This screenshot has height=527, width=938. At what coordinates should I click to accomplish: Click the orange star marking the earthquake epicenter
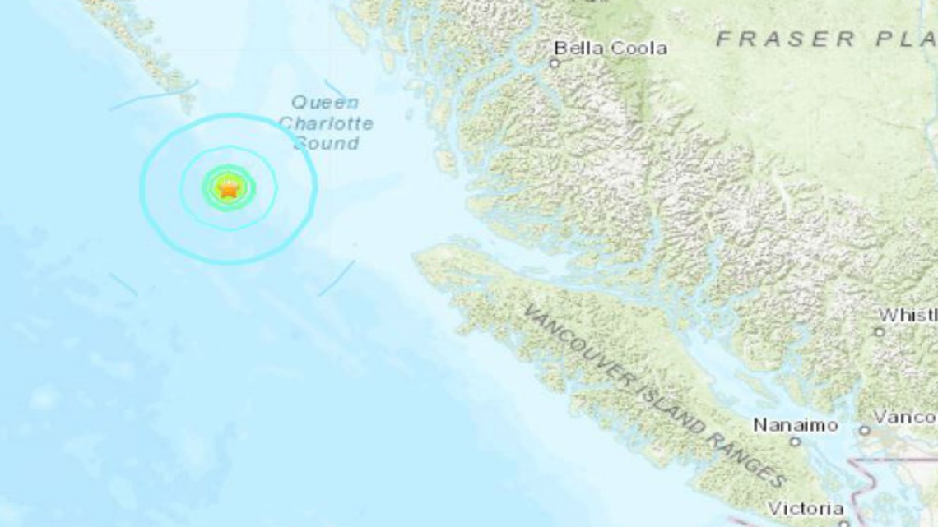pyautogui.click(x=227, y=189)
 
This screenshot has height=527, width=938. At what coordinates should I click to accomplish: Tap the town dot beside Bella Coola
pyautogui.click(x=555, y=63)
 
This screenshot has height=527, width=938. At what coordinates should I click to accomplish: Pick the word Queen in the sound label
pyautogui.click(x=325, y=104)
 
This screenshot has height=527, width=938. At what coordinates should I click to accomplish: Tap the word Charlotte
pyautogui.click(x=326, y=124)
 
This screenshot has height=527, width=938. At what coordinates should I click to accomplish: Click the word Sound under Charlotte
pyautogui.click(x=327, y=144)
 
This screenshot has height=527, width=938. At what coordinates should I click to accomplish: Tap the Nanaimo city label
pyautogui.click(x=796, y=425)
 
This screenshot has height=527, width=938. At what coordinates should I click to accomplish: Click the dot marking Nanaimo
pyautogui.click(x=795, y=441)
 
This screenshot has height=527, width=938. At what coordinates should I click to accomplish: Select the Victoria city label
pyautogui.click(x=806, y=508)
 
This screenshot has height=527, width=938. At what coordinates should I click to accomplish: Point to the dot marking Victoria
pyautogui.click(x=843, y=523)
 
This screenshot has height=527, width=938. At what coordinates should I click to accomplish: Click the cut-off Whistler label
pyautogui.click(x=907, y=316)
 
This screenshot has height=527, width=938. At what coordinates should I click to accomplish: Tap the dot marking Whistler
pyautogui.click(x=879, y=331)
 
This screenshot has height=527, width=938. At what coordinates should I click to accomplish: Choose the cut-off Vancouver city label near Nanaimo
pyautogui.click(x=904, y=418)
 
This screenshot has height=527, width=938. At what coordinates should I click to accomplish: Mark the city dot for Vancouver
pyautogui.click(x=864, y=430)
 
